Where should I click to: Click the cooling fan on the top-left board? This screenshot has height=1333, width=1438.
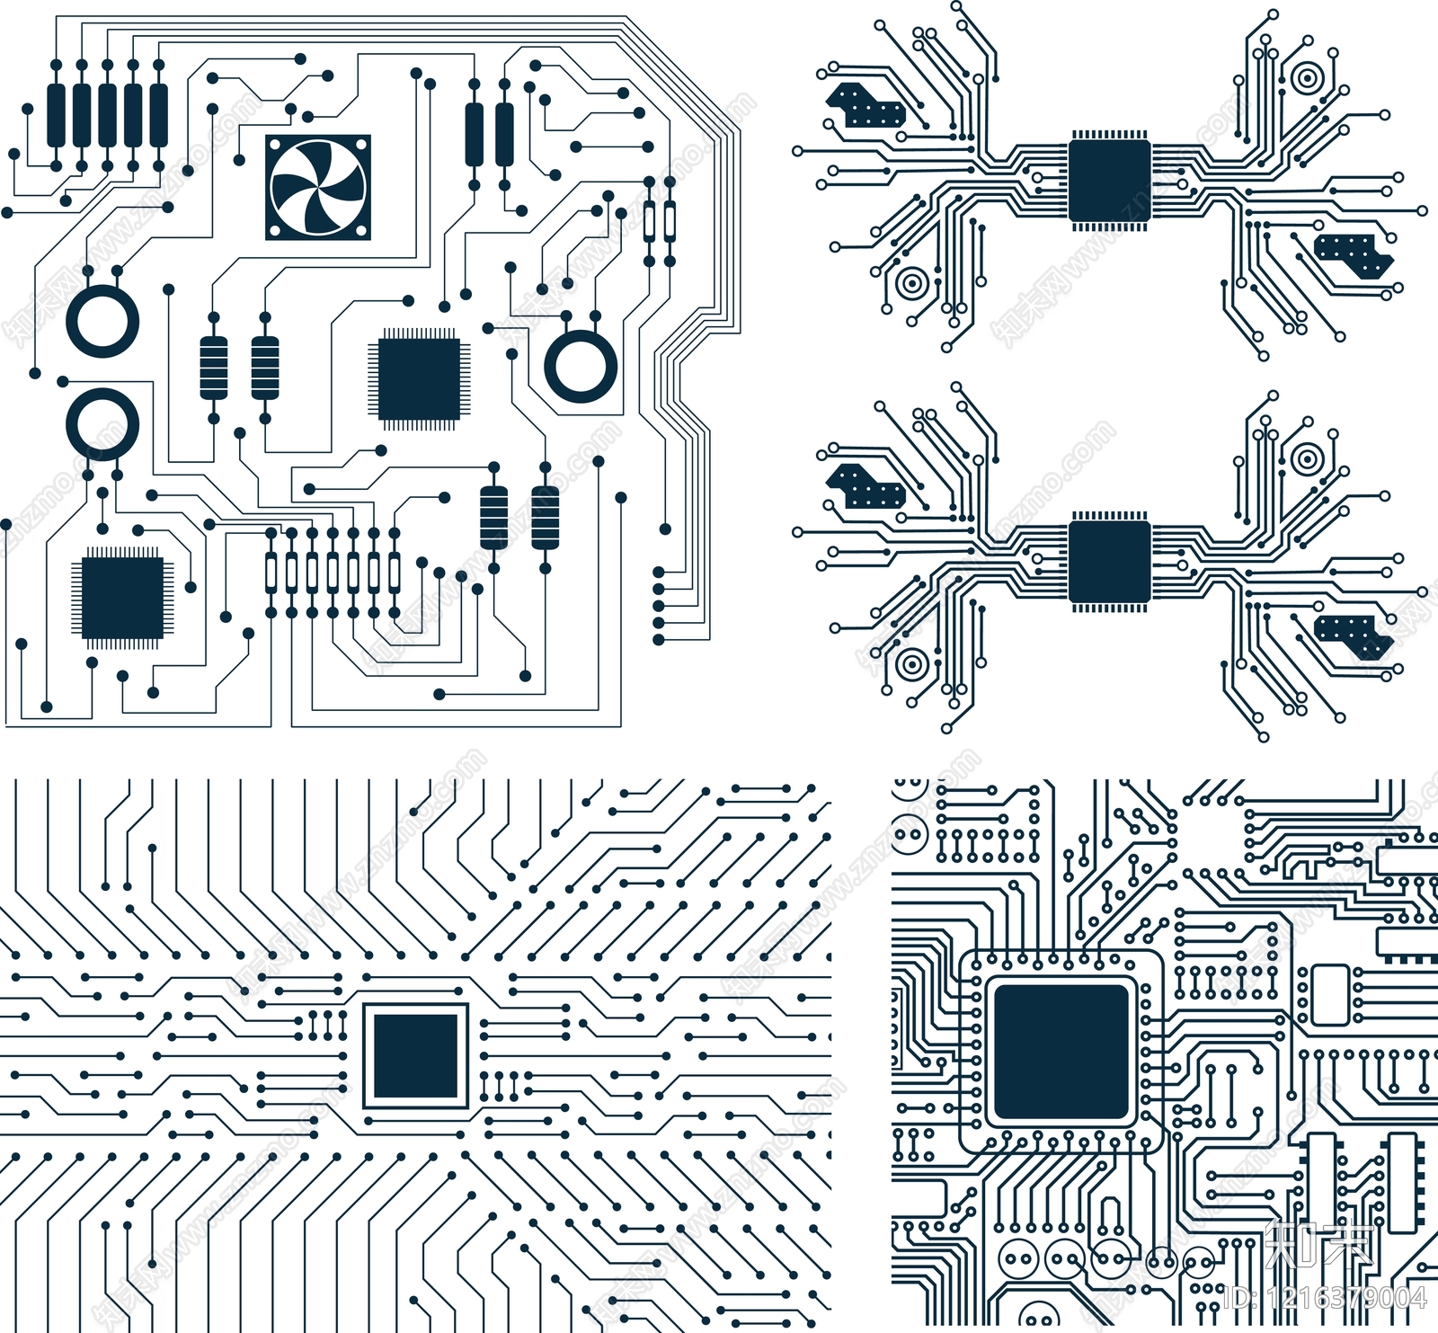coord(317,187)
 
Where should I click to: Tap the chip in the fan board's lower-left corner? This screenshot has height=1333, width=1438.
coord(122,598)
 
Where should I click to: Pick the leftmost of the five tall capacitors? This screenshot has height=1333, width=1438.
coord(56,114)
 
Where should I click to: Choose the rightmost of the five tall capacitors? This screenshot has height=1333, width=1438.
coord(159,114)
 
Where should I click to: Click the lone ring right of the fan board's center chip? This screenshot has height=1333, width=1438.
coord(581,366)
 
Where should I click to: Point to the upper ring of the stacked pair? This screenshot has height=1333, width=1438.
coord(102,321)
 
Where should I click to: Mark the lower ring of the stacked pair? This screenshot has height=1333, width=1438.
coord(102,424)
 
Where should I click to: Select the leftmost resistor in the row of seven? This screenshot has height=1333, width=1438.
coord(271,572)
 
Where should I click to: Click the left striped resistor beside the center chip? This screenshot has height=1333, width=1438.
coord(214,367)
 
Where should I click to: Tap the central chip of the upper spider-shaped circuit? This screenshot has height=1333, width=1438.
coord(1109,180)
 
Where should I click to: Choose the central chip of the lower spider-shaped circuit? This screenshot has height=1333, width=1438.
coord(1109,562)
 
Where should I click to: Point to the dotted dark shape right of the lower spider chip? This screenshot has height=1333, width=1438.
coord(1354,635)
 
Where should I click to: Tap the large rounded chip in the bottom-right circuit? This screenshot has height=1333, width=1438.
coord(1061,1052)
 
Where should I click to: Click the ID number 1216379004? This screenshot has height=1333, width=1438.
coord(1325,1297)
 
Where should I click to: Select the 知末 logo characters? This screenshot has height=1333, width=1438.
coord(1318,1246)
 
